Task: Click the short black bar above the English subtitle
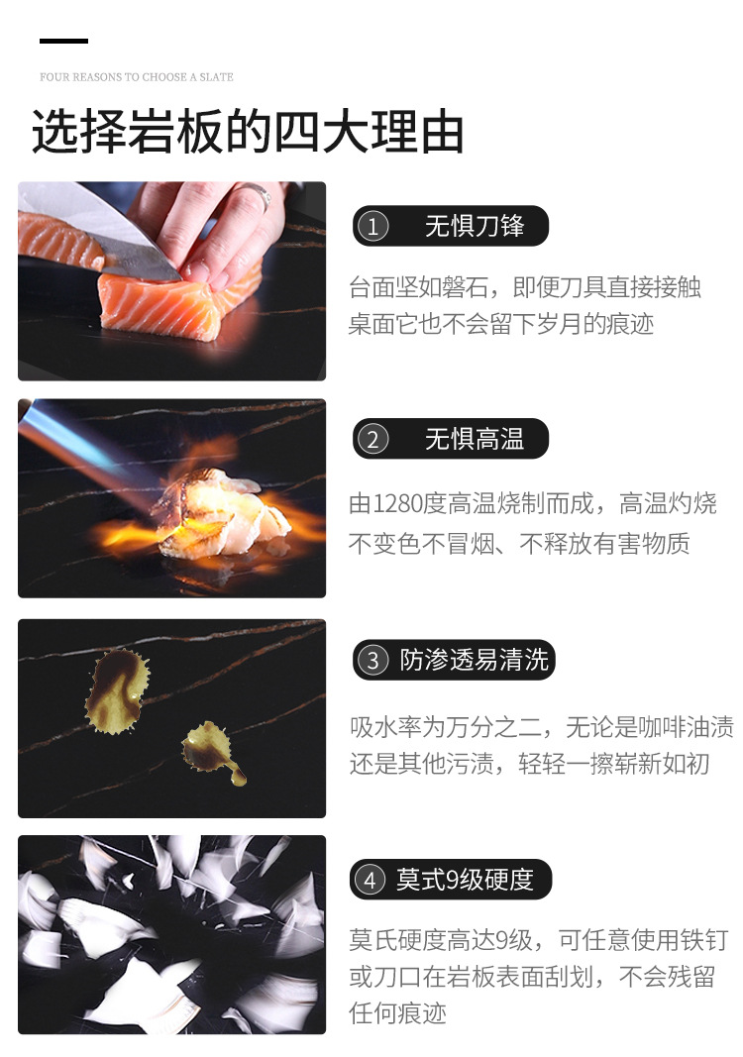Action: pos(63,42)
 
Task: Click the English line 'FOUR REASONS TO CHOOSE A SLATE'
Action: pos(136,77)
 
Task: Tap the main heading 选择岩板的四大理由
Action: pos(248,131)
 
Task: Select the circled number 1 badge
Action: pos(372,227)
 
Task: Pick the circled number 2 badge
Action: pos(372,440)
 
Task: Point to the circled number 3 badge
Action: pos(372,660)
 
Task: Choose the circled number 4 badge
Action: pos(371,880)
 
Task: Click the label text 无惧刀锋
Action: pos(475,226)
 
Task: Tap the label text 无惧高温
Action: pos(475,439)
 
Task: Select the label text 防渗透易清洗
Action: pos(474,660)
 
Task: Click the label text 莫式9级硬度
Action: pos(466,879)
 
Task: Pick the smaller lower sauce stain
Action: pos(212,752)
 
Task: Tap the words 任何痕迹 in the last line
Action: pos(398,1012)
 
